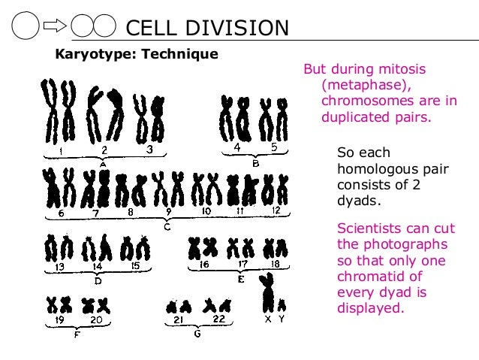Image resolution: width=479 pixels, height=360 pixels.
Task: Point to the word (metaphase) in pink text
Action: pos(357,84)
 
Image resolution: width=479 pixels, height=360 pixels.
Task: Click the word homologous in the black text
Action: pos(372,169)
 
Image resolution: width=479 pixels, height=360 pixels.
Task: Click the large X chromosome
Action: pos(267,295)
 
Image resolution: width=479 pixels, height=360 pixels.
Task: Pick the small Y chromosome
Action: pos(282,304)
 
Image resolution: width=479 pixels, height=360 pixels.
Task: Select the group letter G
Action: pos(197,334)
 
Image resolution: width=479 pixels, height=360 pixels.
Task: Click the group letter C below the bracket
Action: pos(167,225)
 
